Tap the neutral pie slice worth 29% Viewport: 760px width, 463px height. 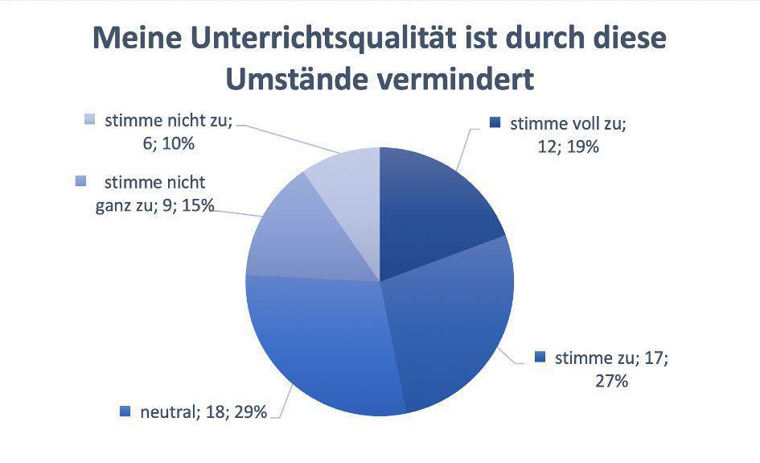point(322,346)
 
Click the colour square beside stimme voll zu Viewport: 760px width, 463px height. point(495,124)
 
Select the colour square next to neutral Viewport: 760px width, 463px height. point(125,411)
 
